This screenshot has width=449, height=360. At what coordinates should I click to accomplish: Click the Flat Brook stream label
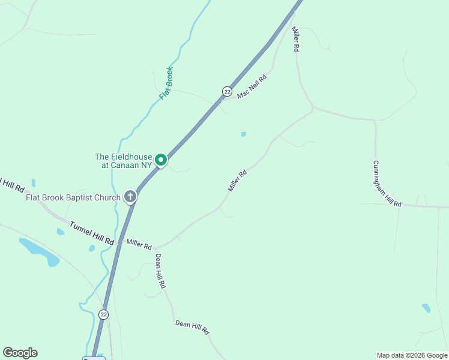click(166, 83)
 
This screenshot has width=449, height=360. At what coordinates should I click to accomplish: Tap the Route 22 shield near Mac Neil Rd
click(226, 91)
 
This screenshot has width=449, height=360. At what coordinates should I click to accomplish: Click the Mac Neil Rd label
click(252, 87)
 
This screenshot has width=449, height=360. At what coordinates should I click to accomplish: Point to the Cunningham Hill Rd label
click(387, 184)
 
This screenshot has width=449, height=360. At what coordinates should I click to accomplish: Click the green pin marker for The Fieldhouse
click(160, 160)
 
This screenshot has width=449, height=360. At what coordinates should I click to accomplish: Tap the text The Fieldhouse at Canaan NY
click(123, 161)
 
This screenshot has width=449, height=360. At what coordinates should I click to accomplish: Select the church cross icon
click(130, 196)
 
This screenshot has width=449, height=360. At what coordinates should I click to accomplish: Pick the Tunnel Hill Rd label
click(91, 233)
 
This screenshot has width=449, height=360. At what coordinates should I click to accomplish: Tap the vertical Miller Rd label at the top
click(295, 38)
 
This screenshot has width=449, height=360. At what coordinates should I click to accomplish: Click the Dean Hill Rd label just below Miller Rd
click(159, 271)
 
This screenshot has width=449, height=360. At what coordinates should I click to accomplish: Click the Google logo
click(20, 353)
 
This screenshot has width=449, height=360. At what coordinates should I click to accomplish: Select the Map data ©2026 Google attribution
click(411, 355)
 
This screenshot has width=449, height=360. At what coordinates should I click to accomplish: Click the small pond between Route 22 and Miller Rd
click(243, 134)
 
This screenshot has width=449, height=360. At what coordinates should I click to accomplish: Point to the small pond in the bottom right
click(426, 308)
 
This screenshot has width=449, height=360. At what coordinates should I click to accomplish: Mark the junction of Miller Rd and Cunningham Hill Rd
click(313, 109)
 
